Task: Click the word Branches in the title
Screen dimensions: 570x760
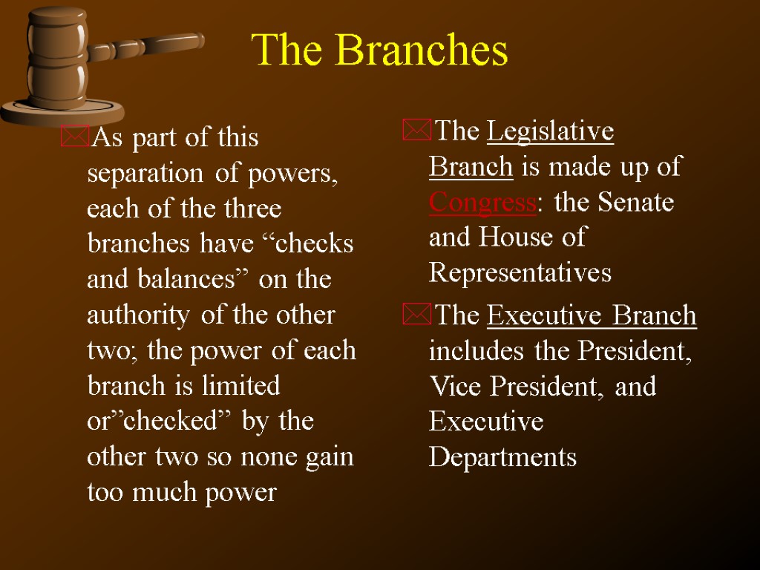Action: tap(422, 51)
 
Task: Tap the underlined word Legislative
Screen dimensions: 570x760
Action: tap(551, 132)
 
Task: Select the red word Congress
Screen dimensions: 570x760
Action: tap(482, 203)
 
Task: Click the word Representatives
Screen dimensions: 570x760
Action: tap(520, 273)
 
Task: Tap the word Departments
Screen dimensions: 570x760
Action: tap(502, 457)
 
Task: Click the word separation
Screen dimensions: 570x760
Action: tap(141, 174)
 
